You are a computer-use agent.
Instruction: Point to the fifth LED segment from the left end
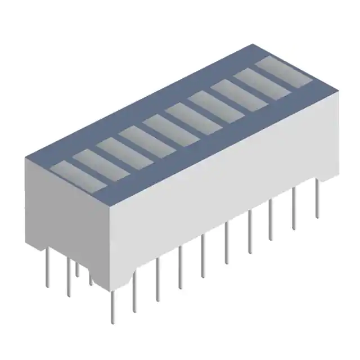point(170,128)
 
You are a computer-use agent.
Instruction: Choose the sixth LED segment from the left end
point(193,116)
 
